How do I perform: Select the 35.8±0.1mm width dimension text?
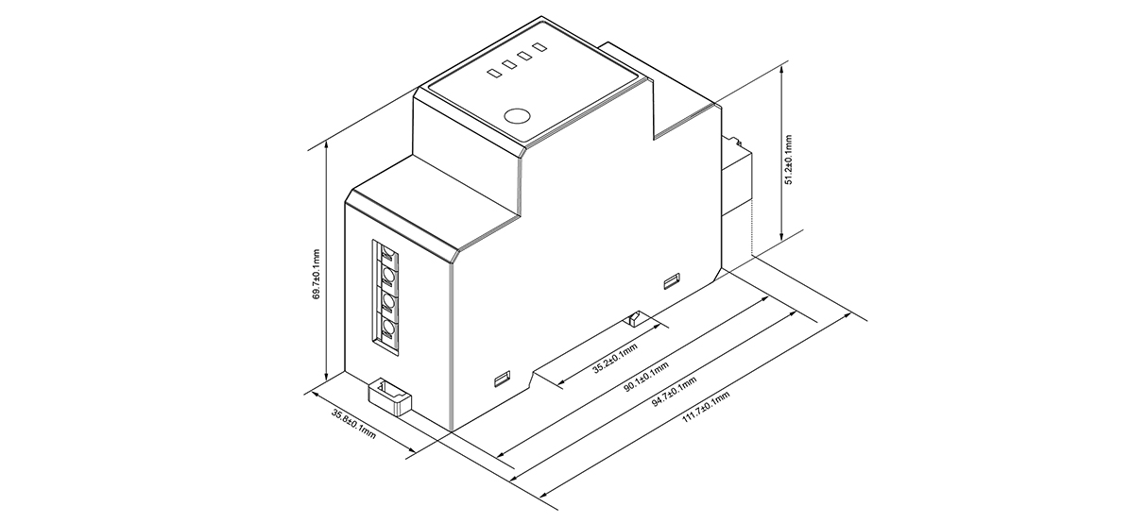[x=354, y=424]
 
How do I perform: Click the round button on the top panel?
[x=517, y=117]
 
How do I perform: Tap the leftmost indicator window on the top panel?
[x=493, y=71]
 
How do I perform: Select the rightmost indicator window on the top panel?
[x=539, y=46]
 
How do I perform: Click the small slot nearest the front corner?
[x=502, y=380]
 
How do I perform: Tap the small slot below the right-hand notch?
[x=673, y=279]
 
